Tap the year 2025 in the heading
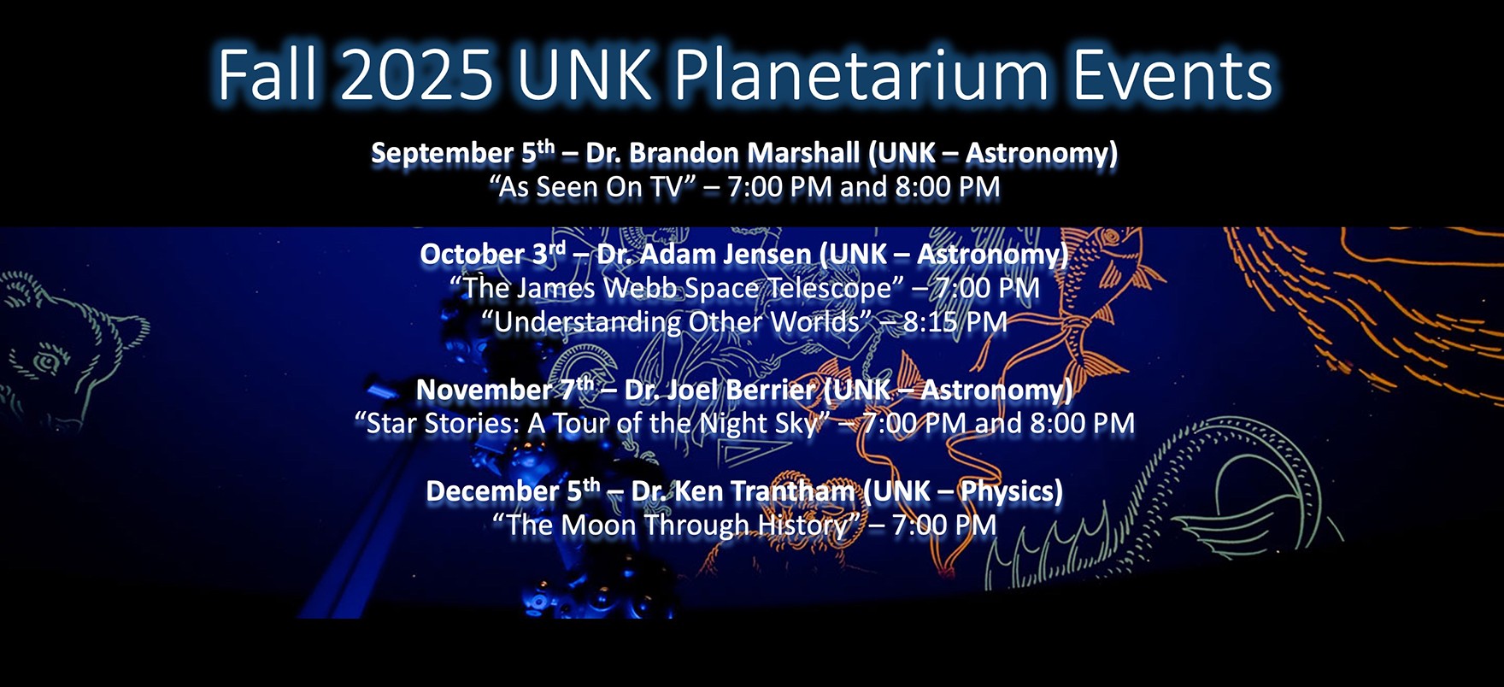(x=416, y=75)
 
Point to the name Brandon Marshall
(x=744, y=153)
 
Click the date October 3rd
(x=492, y=254)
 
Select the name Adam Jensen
(x=726, y=254)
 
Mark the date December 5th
(x=513, y=491)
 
